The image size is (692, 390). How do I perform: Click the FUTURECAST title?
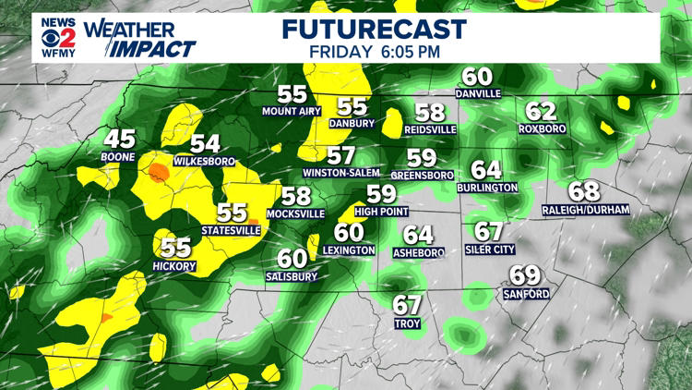click(374, 28)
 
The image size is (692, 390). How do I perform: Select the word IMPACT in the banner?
click(156, 48)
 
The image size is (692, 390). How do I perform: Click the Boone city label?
click(120, 157)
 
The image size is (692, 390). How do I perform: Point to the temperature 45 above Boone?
click(120, 140)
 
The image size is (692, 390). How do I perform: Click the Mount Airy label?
click(292, 112)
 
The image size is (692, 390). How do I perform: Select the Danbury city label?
click(352, 123)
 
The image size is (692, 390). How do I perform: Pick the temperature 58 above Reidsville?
click(430, 113)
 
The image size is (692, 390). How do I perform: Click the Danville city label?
click(477, 93)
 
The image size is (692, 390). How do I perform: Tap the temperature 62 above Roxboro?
click(541, 111)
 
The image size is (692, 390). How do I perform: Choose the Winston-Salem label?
click(341, 173)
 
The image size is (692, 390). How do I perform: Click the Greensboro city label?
click(422, 174)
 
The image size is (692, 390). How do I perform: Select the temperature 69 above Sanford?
click(525, 275)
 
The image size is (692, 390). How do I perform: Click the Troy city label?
click(407, 324)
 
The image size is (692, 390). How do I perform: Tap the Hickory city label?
click(175, 266)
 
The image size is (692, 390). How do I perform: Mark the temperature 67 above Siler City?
click(489, 231)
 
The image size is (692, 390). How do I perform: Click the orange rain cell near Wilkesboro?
click(160, 172)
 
